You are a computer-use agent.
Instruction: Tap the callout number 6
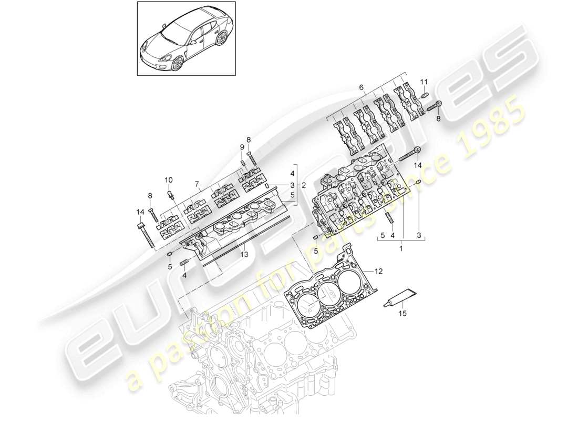(x=361, y=87)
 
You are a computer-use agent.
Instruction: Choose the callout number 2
(x=304, y=186)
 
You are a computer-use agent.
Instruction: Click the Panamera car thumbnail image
(x=185, y=39)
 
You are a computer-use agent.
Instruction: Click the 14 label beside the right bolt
(x=418, y=165)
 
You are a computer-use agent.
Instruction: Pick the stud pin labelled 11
(x=425, y=95)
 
